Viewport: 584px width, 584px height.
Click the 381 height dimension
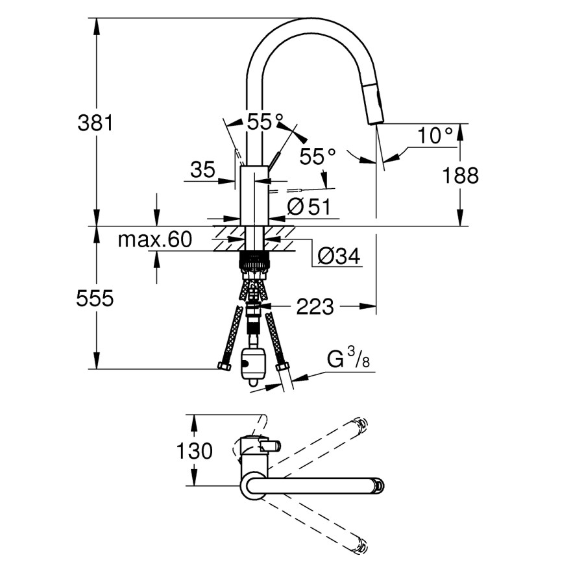pyautogui.click(x=95, y=122)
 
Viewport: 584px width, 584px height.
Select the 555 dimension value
pyautogui.click(x=95, y=298)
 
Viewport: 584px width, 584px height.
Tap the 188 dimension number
pyautogui.click(x=461, y=175)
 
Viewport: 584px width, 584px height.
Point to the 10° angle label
pyautogui.click(x=434, y=136)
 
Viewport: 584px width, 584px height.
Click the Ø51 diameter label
pyautogui.click(x=309, y=207)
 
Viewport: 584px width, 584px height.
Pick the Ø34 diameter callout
pyautogui.click(x=338, y=257)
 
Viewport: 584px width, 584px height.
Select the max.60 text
pyautogui.click(x=154, y=240)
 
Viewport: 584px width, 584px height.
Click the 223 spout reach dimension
pyautogui.click(x=315, y=306)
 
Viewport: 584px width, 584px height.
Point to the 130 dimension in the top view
pyautogui.click(x=194, y=450)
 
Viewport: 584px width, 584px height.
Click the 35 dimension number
pyautogui.click(x=202, y=170)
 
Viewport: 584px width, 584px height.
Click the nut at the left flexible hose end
pyautogui.click(x=225, y=367)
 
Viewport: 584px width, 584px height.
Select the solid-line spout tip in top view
pyautogui.click(x=377, y=485)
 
